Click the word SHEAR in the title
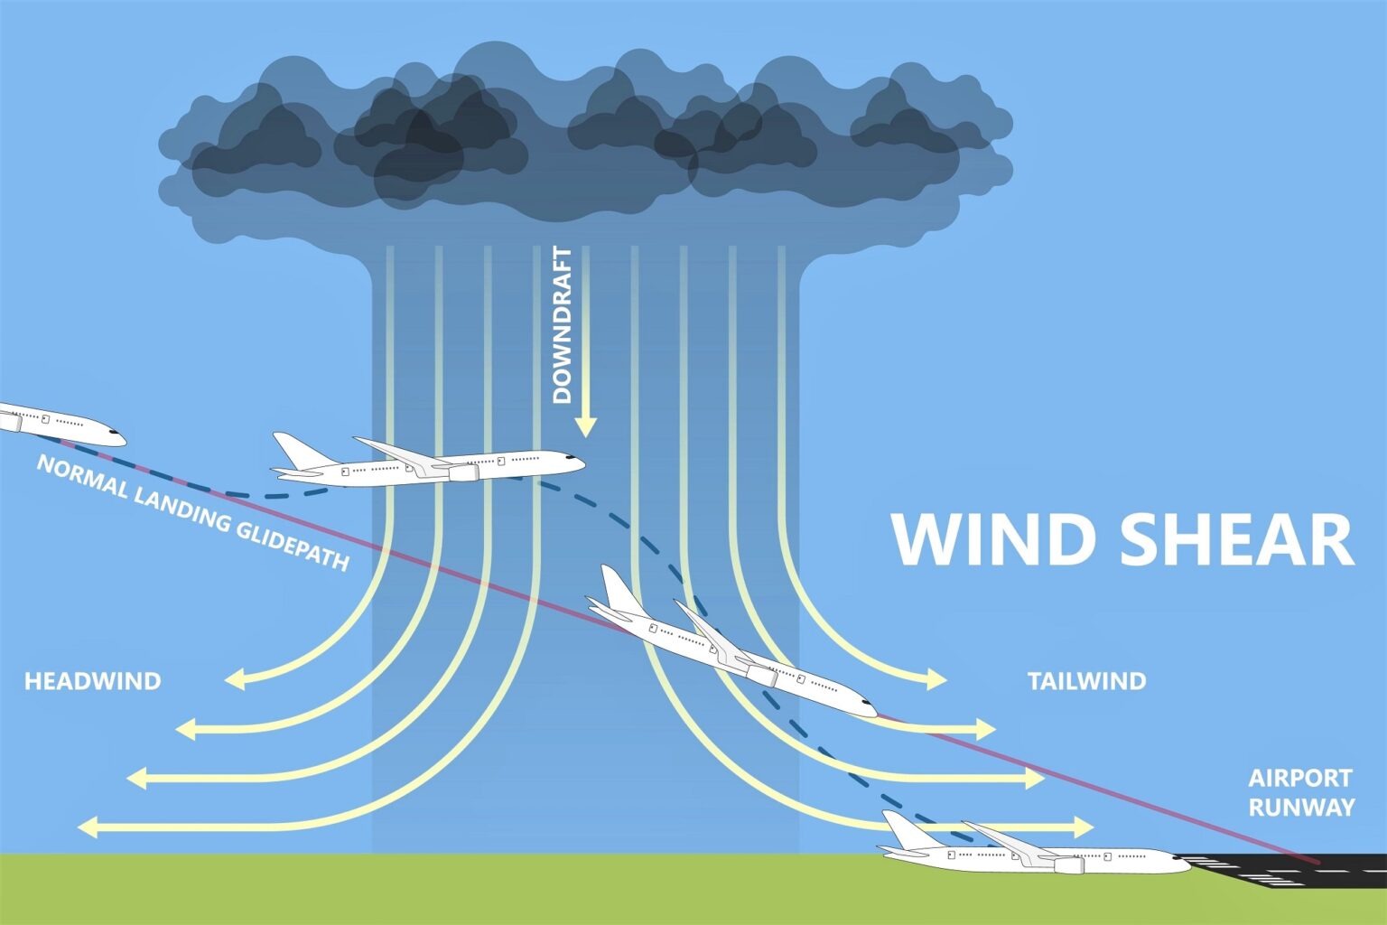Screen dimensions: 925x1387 pyautogui.click(x=1237, y=539)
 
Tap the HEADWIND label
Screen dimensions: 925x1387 pyautogui.click(x=92, y=681)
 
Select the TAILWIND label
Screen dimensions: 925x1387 pyautogui.click(x=1086, y=681)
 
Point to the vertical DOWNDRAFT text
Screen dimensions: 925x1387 pyautogui.click(x=562, y=325)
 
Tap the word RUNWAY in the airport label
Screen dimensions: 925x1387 pyautogui.click(x=1301, y=807)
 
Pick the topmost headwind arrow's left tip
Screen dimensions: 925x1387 pyautogui.click(x=228, y=679)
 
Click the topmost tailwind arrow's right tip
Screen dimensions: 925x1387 pyautogui.click(x=944, y=679)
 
